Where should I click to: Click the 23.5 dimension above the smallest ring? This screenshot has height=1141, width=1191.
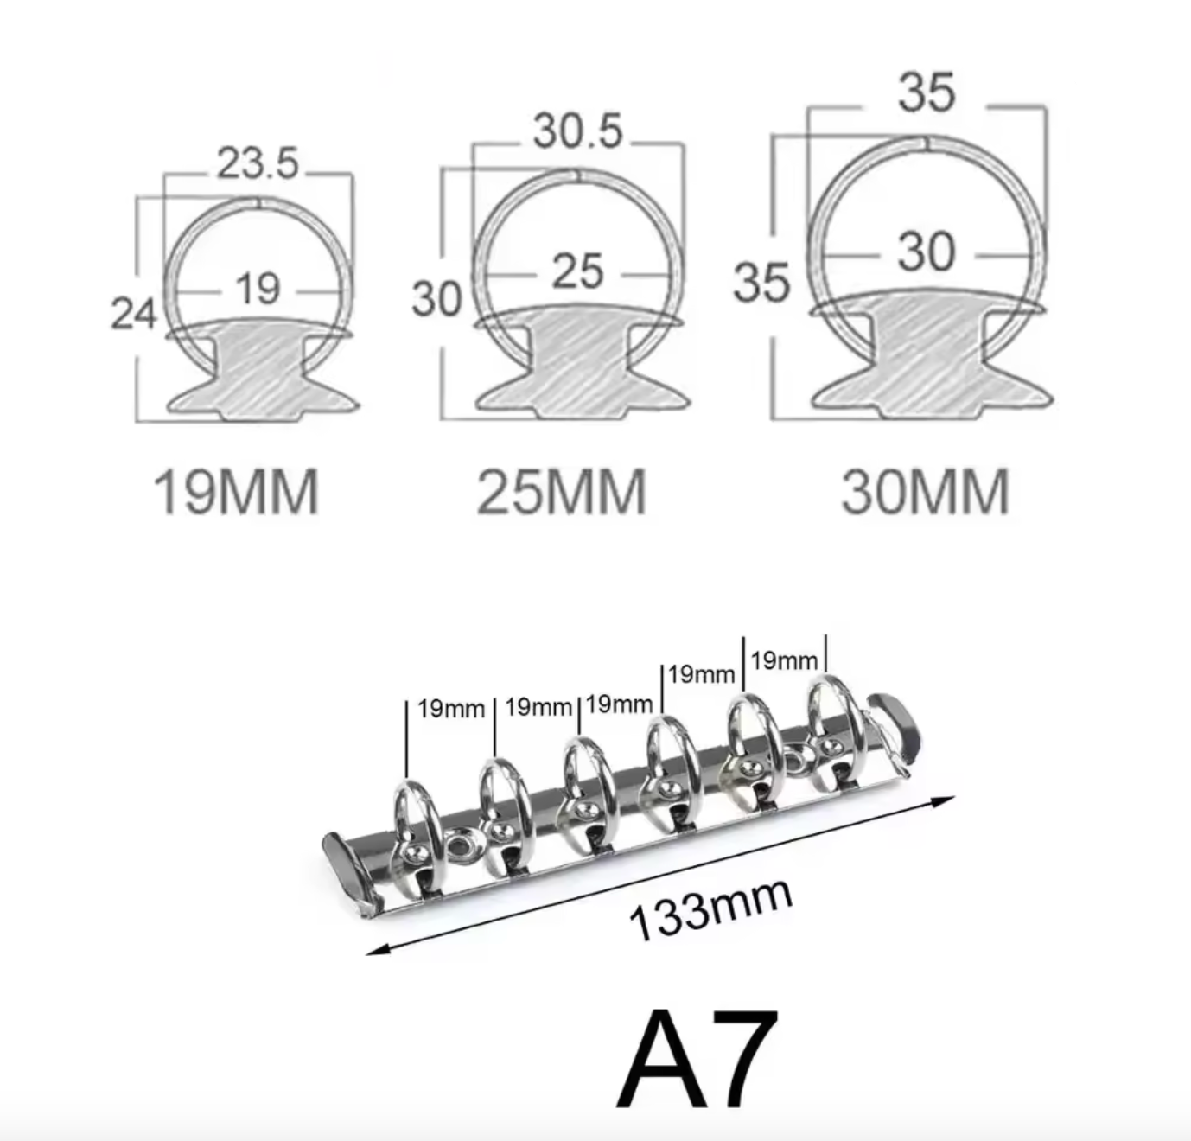click(258, 163)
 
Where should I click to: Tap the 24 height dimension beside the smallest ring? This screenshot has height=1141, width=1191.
click(133, 313)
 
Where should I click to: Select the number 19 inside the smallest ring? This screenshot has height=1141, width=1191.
click(258, 289)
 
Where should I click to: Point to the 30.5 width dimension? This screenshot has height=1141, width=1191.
click(577, 131)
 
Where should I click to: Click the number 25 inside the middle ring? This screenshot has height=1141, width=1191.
click(577, 271)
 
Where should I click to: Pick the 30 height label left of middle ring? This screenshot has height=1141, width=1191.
click(436, 299)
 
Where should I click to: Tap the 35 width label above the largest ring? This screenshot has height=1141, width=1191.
click(927, 92)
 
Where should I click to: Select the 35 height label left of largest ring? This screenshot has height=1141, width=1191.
click(761, 283)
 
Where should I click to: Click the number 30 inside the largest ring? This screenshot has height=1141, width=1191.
click(927, 252)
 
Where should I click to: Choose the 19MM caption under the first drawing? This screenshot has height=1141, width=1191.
click(236, 492)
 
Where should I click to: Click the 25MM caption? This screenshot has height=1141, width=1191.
click(562, 492)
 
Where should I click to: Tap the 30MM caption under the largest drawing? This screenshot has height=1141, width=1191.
click(926, 492)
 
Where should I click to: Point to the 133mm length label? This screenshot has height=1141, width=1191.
click(710, 908)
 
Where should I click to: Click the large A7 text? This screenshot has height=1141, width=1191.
click(697, 1059)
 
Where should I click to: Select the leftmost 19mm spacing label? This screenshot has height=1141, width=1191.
click(451, 710)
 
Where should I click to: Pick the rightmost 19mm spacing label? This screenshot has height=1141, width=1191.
click(784, 661)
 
